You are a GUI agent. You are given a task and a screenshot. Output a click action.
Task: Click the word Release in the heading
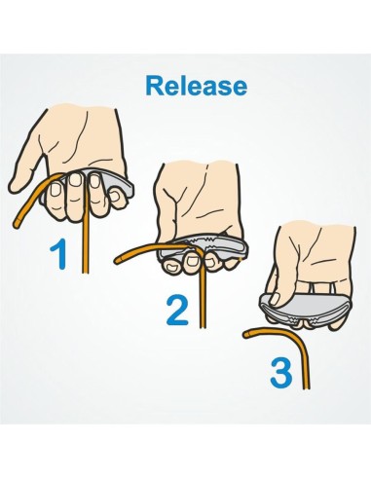(x=196, y=86)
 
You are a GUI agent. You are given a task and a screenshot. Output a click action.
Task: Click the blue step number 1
(x=59, y=256)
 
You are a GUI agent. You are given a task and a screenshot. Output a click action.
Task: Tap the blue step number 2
(x=177, y=312)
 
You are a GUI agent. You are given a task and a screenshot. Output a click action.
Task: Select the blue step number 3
(x=281, y=372)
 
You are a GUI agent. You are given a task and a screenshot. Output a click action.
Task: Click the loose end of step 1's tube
(x=17, y=223)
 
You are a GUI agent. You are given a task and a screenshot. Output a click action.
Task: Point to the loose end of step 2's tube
(x=118, y=259)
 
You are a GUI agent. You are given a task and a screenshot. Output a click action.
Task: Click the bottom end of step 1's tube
(x=85, y=273)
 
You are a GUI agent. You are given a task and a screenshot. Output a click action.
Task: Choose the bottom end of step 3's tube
(x=307, y=387)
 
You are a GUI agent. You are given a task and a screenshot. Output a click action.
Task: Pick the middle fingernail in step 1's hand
(x=77, y=179)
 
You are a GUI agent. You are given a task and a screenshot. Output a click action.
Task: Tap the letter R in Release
(x=155, y=86)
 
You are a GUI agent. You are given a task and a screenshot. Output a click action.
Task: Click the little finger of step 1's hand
(x=118, y=198)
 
